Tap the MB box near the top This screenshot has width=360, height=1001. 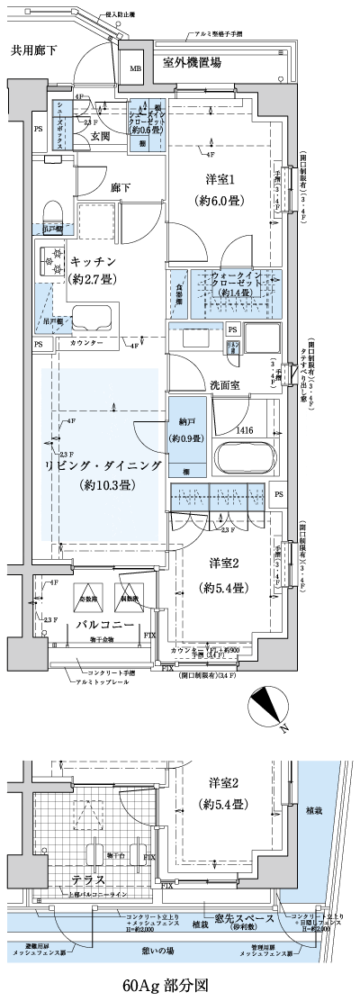click(x=135, y=68)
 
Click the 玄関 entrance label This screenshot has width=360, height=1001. click(x=101, y=137)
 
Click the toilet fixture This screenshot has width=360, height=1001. click(x=51, y=212)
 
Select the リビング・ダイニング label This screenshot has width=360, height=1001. click(x=104, y=465)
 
